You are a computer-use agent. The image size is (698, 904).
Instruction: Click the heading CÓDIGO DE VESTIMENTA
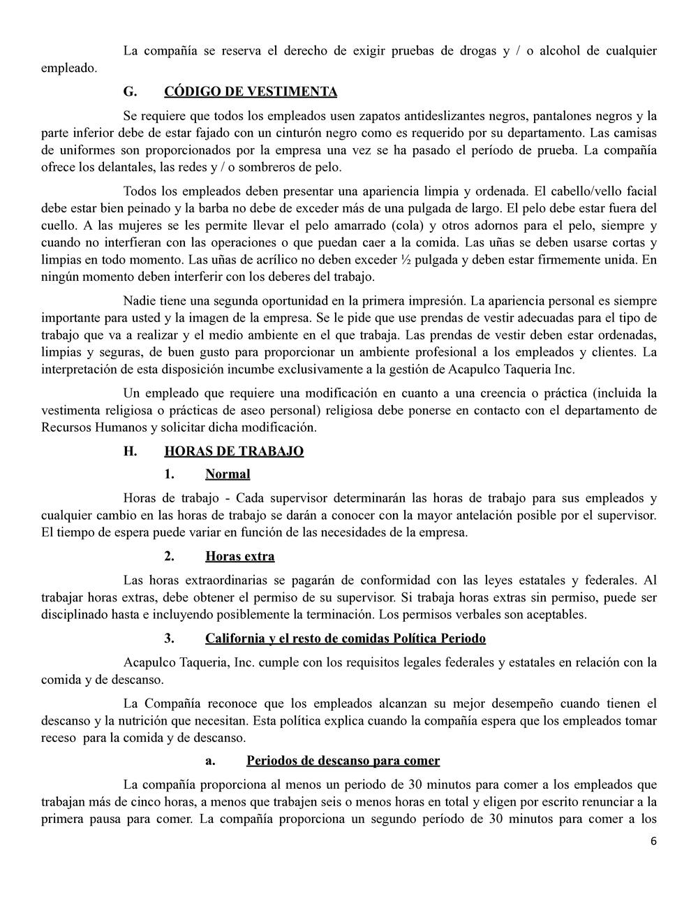(x=251, y=92)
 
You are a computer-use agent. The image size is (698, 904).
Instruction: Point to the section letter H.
(x=130, y=451)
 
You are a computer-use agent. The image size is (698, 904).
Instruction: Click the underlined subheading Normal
(x=228, y=474)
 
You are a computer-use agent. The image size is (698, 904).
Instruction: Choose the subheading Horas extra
(x=239, y=556)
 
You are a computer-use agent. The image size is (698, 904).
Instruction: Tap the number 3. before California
(x=169, y=639)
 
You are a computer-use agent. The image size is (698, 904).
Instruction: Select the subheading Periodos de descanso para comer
(x=343, y=760)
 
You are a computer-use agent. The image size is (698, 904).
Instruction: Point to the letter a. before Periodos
(x=209, y=760)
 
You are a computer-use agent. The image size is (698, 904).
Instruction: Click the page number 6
(x=653, y=841)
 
